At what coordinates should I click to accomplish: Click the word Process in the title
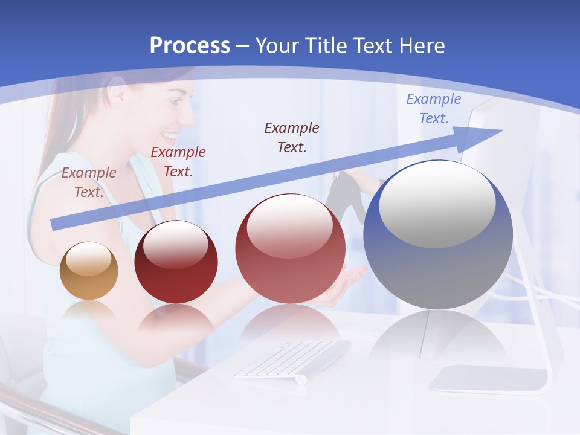(190, 46)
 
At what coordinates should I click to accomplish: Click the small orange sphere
(89, 271)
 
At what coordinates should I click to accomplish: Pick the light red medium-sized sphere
(290, 248)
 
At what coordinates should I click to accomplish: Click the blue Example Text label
(433, 109)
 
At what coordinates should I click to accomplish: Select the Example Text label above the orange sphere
(88, 182)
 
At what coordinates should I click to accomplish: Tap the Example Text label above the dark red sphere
(178, 162)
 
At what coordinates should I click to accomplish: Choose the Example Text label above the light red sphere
(292, 138)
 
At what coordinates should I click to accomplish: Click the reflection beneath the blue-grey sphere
(438, 341)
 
